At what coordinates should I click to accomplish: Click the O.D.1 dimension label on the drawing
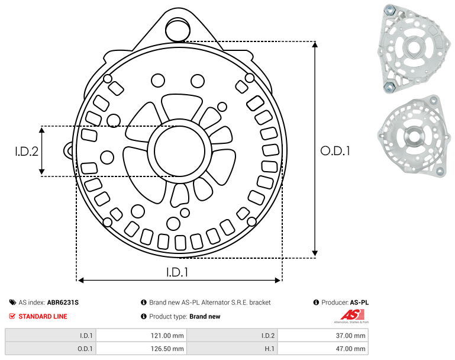[x=335, y=151]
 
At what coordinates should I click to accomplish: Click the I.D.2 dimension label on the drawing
[x=27, y=152]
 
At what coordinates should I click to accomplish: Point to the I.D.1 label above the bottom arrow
[x=178, y=272]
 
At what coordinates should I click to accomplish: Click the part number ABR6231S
[x=63, y=303]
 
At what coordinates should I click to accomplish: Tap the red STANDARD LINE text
[x=43, y=316]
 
